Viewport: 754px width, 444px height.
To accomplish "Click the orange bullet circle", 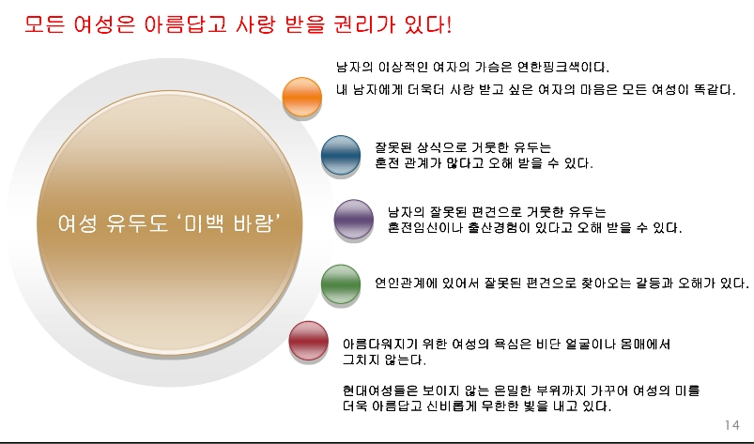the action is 302,96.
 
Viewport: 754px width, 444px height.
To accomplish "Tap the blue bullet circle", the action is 341,155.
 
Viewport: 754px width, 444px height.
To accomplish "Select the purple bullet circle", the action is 353,219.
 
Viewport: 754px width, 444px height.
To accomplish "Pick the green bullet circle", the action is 341,283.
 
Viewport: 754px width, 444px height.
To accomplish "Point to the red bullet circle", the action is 308,341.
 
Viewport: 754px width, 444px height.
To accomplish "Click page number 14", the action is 731,425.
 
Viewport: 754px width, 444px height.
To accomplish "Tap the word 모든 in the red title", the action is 44,24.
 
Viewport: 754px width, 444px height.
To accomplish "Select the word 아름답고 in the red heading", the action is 185,24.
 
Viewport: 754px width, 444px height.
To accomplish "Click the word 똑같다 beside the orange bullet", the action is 715,90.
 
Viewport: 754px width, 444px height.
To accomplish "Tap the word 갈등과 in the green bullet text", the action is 654,283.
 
